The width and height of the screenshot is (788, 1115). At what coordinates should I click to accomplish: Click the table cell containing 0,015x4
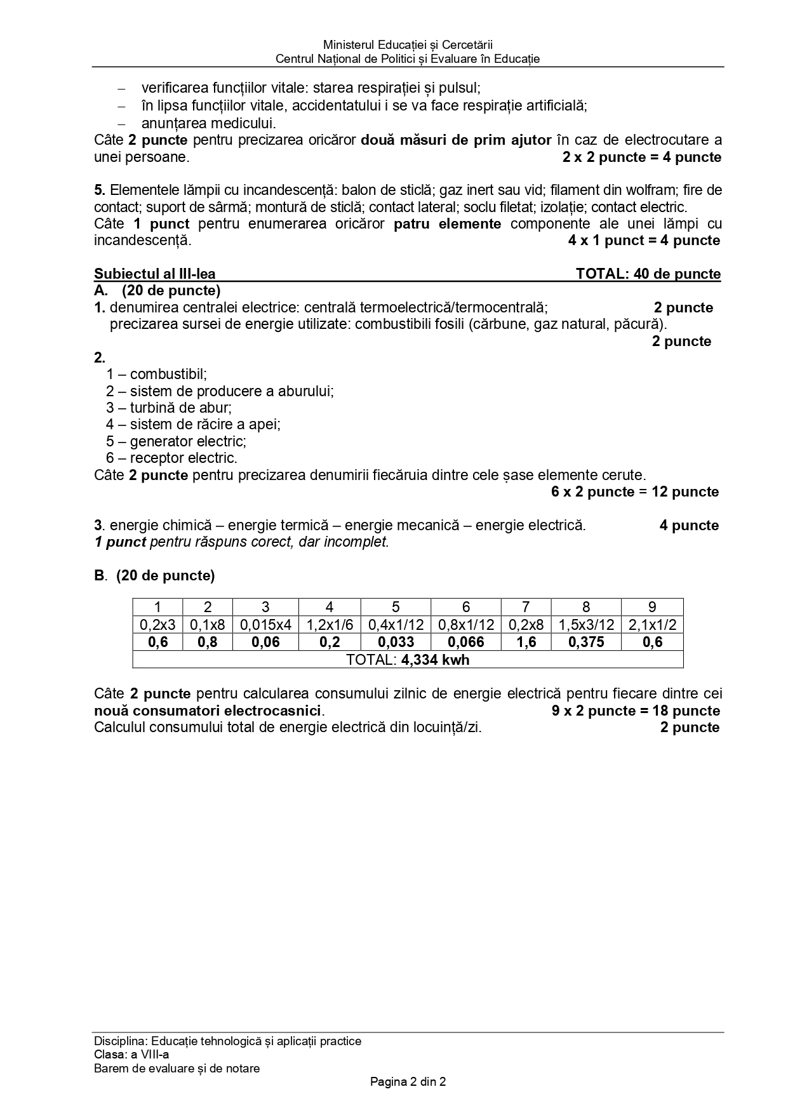coord(265,625)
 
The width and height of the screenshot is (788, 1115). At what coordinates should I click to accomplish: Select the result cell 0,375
coord(586,643)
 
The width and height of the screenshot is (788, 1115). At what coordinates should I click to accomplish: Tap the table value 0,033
coord(396,643)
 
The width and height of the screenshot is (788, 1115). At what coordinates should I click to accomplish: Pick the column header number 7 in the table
coord(526,607)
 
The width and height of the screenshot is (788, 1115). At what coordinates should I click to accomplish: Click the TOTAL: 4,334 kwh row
coord(408,660)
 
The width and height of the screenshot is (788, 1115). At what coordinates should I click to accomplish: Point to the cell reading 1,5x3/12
coord(586,625)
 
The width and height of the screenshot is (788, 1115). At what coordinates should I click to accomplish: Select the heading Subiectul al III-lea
coord(155,274)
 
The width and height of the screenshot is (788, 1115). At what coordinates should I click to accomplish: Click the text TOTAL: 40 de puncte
coord(648,274)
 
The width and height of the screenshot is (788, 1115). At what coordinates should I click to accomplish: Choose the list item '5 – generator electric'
coord(176,441)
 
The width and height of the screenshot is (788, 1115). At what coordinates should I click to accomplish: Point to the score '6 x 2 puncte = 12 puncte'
coord(635,492)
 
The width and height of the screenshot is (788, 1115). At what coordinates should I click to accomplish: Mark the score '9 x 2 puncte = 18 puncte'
coord(636,711)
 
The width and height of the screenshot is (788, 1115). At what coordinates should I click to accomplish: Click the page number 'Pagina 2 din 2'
coord(408,1081)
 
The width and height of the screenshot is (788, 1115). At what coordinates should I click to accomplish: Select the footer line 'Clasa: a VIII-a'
coord(131,1055)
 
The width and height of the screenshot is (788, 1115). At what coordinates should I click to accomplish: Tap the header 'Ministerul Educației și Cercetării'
coord(408,45)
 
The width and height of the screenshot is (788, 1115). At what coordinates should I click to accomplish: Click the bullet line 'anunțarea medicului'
coord(208,123)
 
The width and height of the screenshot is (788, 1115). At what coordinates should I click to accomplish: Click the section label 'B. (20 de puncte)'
coord(154,576)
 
